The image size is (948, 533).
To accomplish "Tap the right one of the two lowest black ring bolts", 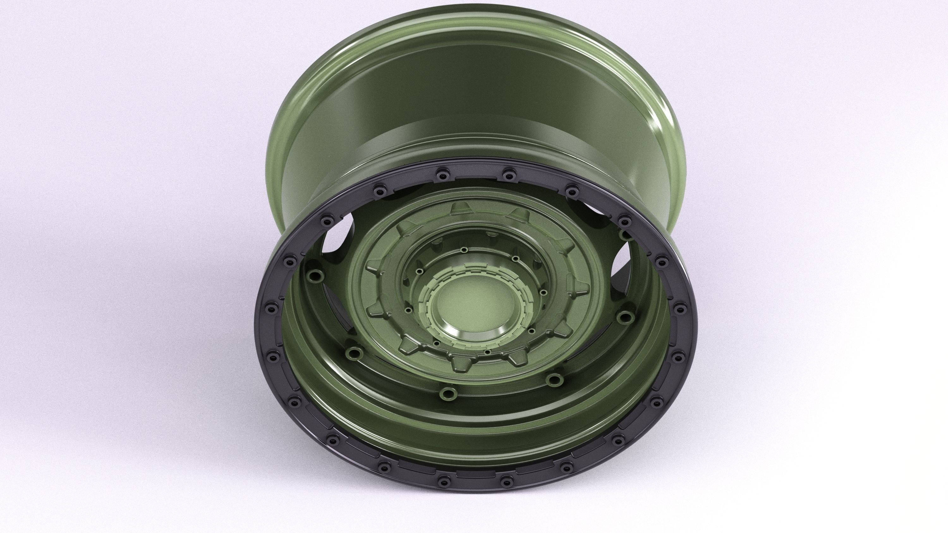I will click(508, 479).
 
